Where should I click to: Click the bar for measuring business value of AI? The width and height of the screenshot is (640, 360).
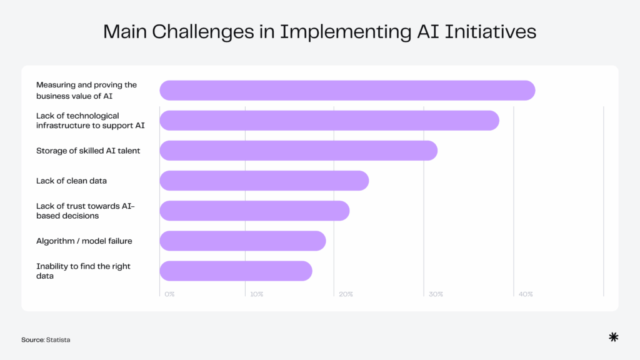coord(347,90)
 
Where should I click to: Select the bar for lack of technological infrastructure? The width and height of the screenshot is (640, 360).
coord(329,121)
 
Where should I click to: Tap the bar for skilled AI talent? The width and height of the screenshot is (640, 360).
coord(298,151)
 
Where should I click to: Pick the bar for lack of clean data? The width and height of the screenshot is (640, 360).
coord(264,181)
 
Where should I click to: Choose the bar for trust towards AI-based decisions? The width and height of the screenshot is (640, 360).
coord(255,211)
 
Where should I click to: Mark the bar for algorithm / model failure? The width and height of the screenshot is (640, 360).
coord(243,241)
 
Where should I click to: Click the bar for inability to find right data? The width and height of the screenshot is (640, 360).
coord(236,271)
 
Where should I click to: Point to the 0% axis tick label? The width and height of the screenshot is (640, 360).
coord(169,294)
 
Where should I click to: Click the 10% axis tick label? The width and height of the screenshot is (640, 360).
coord(257,294)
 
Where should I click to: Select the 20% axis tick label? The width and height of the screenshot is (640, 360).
coord(346,294)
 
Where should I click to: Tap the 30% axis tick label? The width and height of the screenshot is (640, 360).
coord(436,294)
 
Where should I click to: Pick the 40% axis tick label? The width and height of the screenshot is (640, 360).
coord(526,294)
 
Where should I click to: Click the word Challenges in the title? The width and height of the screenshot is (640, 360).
coord(203,32)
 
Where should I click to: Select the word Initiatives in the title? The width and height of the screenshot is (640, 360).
coord(490,32)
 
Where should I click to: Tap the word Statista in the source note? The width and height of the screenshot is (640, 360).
coord(58,340)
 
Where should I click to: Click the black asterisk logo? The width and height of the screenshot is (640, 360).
coord(614,337)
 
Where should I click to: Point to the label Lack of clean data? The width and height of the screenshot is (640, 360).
coord(71,181)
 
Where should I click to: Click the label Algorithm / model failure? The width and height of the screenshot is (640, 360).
coord(84,241)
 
